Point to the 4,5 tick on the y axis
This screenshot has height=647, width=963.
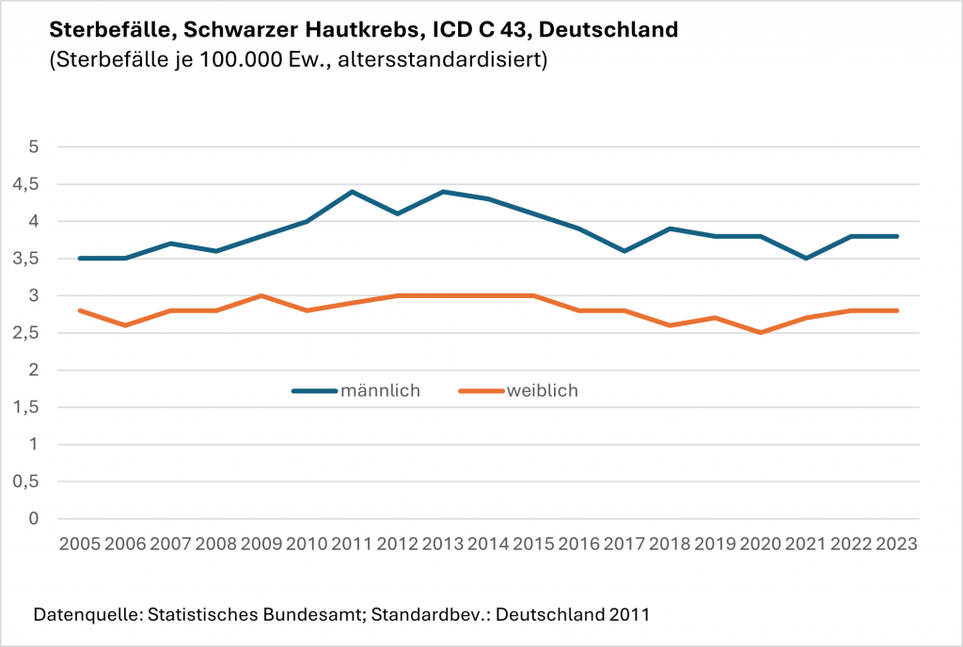(x=34, y=184)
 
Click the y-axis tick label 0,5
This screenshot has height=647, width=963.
(x=34, y=481)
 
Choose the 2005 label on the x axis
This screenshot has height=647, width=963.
(x=79, y=544)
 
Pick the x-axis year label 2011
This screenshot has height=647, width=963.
(x=353, y=544)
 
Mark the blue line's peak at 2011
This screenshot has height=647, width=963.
(x=353, y=192)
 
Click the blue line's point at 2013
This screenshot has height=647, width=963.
(x=443, y=192)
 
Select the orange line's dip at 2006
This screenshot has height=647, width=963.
(x=125, y=325)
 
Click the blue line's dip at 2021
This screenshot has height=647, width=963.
(x=807, y=258)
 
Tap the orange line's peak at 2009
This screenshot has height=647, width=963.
(x=261, y=295)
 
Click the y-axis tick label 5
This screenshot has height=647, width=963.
(x=34, y=147)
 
